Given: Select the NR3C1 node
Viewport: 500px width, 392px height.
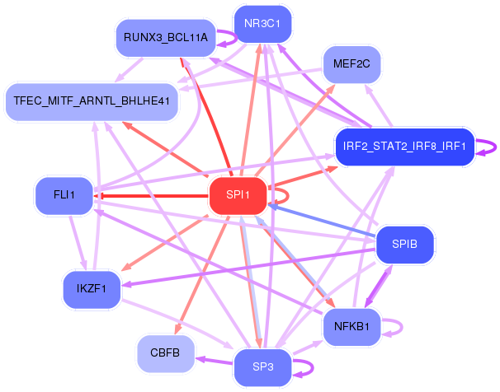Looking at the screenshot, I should point(262,24).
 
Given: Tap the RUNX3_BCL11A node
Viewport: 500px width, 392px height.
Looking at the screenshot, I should point(166,38).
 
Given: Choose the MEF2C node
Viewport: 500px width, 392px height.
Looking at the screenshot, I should point(351,63).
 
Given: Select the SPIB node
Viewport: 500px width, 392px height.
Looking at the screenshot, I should point(404,245).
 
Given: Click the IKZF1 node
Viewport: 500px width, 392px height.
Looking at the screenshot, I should point(92,288).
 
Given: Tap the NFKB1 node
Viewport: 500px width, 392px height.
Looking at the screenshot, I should point(351,325).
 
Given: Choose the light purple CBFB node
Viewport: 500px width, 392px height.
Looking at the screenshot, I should point(165,352).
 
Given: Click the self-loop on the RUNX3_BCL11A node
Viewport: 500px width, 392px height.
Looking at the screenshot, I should point(226,38).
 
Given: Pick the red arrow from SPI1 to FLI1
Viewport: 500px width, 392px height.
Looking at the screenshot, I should point(149,196).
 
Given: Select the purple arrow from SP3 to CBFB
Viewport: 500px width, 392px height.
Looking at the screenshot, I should point(211,359).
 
